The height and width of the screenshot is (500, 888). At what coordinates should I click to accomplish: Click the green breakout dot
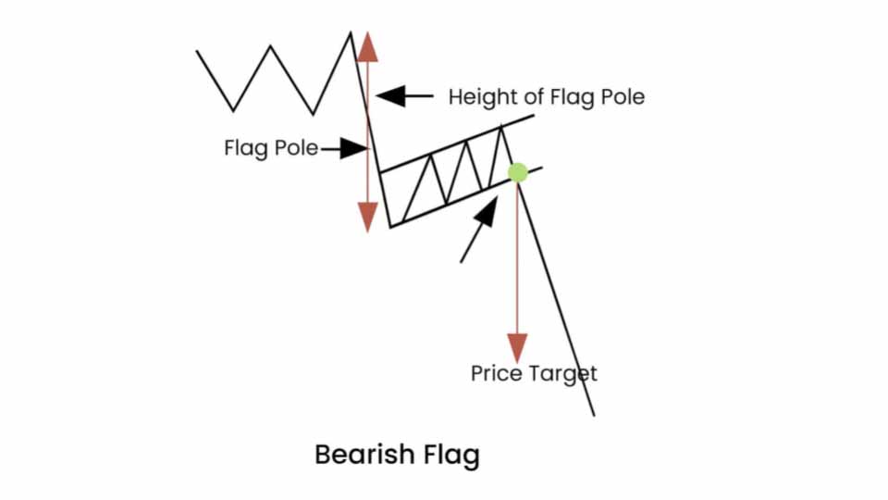(518, 172)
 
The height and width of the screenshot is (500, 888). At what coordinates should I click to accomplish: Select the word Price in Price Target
(497, 373)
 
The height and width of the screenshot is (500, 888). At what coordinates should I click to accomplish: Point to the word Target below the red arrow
(563, 374)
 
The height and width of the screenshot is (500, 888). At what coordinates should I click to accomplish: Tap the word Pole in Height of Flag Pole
(622, 96)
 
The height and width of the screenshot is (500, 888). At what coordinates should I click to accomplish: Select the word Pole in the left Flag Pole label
(298, 148)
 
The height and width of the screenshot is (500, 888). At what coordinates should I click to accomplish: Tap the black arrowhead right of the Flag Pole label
(353, 148)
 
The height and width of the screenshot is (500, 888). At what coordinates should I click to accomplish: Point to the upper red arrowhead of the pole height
(368, 46)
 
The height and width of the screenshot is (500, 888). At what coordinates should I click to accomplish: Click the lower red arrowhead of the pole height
(368, 216)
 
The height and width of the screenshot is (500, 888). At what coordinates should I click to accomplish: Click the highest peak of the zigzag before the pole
(351, 33)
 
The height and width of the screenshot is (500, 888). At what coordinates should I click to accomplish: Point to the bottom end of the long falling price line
(593, 415)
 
